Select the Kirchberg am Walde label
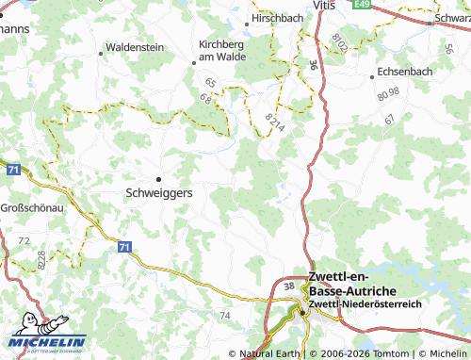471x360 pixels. pyautogui.click(x=222, y=50)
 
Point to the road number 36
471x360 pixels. pyautogui.click(x=312, y=65)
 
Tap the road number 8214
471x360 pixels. pyautogui.click(x=273, y=120)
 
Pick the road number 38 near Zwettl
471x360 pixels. pyautogui.click(x=288, y=286)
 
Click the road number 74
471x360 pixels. pyautogui.click(x=224, y=315)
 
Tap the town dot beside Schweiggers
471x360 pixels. pyautogui.click(x=158, y=177)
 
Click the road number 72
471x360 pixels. pyautogui.click(x=24, y=241)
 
